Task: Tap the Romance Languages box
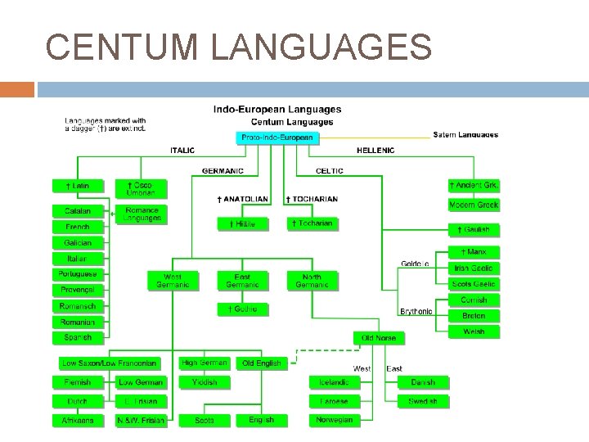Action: [142, 214]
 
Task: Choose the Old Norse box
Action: [379, 337]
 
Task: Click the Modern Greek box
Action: [474, 205]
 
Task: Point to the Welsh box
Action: [474, 331]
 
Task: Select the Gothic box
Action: [242, 309]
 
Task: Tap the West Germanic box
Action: [173, 281]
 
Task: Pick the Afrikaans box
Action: [79, 421]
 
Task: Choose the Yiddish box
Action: [205, 381]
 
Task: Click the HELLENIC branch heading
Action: [375, 151]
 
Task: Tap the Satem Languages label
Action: [465, 134]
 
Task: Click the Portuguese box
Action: [79, 274]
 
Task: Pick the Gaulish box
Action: [474, 231]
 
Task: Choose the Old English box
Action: [262, 363]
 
